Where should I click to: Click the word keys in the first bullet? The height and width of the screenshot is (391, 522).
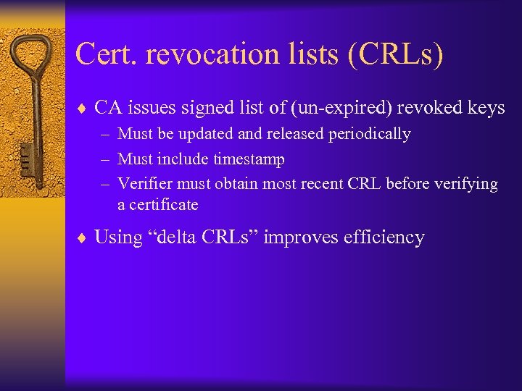tap(486, 109)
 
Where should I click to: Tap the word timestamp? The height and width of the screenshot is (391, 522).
tap(249, 159)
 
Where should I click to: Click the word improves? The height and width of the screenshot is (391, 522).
tap(297, 237)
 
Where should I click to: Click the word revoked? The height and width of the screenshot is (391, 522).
tap(426, 109)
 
